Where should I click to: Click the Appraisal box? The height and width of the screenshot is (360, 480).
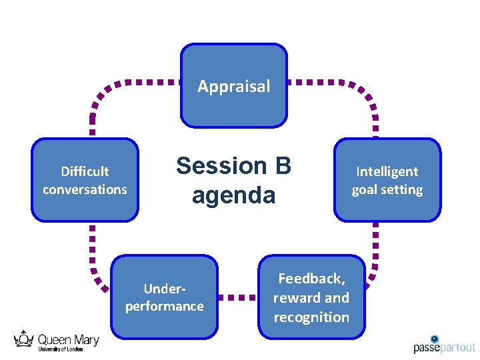[x=234, y=85]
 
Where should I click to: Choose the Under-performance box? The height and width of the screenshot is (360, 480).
[x=164, y=297]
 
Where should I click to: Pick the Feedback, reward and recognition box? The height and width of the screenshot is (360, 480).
[x=311, y=297]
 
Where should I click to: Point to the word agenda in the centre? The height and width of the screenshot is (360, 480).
[x=233, y=195]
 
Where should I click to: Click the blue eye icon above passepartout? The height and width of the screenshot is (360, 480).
[x=435, y=339]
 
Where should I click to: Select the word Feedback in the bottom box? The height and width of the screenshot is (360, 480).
[x=311, y=279]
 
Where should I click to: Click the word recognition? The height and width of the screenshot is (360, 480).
[x=311, y=317]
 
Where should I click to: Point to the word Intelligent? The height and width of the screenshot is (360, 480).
[x=387, y=171]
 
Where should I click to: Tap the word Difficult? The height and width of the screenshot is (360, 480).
[x=85, y=171]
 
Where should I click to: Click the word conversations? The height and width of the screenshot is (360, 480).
[x=85, y=189]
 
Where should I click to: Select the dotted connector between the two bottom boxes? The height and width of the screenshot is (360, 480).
[x=238, y=297]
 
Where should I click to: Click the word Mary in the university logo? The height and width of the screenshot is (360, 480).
[x=84, y=340]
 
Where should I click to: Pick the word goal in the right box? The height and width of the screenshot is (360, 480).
[x=366, y=189]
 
